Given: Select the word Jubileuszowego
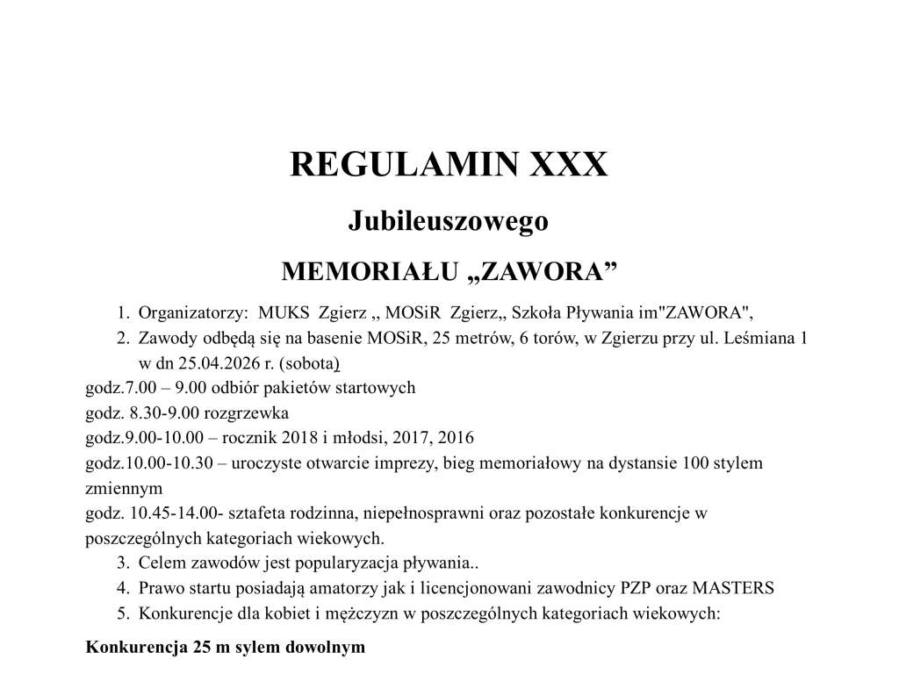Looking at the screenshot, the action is pos(449,221).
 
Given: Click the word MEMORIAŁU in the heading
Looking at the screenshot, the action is pos(368,271).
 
